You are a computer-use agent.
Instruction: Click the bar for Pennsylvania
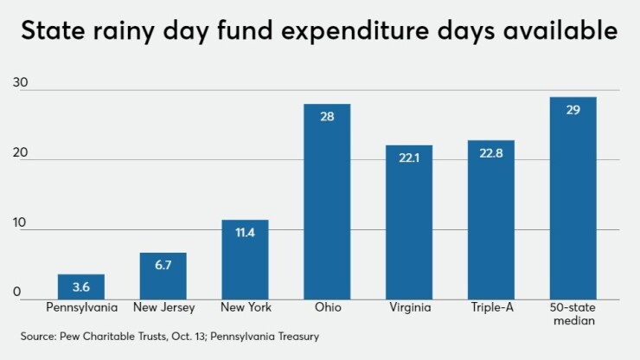pyautogui.click(x=80, y=286)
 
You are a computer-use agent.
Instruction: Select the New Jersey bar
pyautogui.click(x=163, y=275)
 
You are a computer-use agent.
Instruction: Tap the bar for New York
pyautogui.click(x=245, y=259)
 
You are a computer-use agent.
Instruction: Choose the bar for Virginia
pyautogui.click(x=409, y=222)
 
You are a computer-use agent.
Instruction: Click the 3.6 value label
pyautogui.click(x=80, y=286)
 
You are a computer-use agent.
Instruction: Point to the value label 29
pyautogui.click(x=573, y=111)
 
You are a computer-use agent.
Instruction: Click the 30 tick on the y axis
pyautogui.click(x=19, y=83)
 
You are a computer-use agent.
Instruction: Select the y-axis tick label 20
pyautogui.click(x=19, y=153)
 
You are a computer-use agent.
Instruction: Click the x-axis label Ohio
pyautogui.click(x=327, y=307)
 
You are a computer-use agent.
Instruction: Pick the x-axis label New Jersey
pyautogui.click(x=163, y=307)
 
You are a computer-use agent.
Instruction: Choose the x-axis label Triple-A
pyautogui.click(x=490, y=307)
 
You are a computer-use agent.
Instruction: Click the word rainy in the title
pyautogui.click(x=135, y=32)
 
